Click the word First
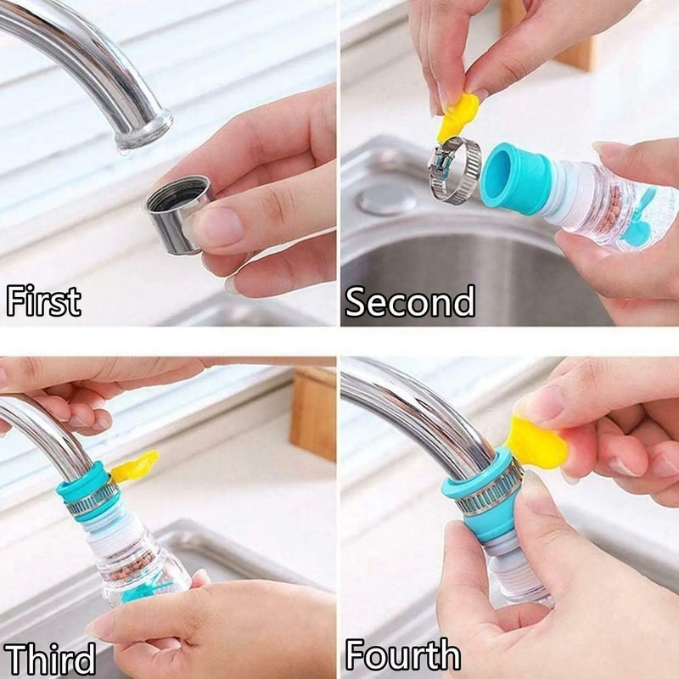pyautogui.click(x=43, y=301)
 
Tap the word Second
pyautogui.click(x=410, y=301)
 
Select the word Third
pyautogui.click(x=49, y=659)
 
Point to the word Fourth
pyautogui.click(x=402, y=655)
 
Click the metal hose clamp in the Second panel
pyautogui.click(x=454, y=170)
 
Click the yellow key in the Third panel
pyautogui.click(x=135, y=466)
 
